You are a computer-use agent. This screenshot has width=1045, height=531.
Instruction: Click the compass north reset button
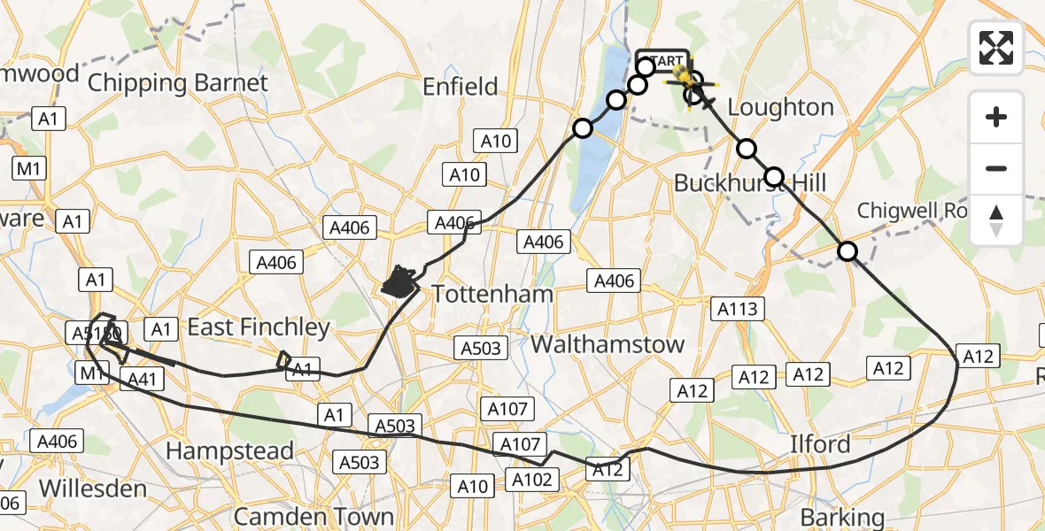click(x=996, y=220)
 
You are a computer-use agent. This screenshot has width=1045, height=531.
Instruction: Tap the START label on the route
click(x=662, y=61)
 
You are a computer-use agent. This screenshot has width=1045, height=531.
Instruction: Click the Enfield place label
click(x=461, y=87)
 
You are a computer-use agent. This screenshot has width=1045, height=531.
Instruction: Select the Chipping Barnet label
click(x=177, y=84)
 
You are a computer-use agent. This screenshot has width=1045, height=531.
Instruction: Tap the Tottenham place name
click(x=492, y=294)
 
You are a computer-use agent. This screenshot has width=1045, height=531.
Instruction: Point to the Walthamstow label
click(x=608, y=344)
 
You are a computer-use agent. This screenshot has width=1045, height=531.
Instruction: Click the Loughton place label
click(x=780, y=108)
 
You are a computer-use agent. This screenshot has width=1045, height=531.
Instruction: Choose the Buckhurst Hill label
click(x=750, y=183)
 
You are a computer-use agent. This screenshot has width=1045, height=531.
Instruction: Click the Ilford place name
click(x=820, y=444)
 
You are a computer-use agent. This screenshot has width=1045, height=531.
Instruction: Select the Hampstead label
click(x=229, y=451)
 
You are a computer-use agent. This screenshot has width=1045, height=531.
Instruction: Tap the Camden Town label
click(x=313, y=516)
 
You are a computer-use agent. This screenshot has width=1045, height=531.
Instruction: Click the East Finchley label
click(x=258, y=327)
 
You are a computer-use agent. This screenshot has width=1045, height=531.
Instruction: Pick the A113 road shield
click(x=737, y=308)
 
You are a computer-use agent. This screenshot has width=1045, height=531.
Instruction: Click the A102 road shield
click(x=532, y=480)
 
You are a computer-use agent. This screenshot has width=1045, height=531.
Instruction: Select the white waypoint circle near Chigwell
click(x=848, y=251)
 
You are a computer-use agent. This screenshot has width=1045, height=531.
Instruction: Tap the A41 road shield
click(x=142, y=379)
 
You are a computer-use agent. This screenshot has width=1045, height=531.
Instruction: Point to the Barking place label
click(x=841, y=518)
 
